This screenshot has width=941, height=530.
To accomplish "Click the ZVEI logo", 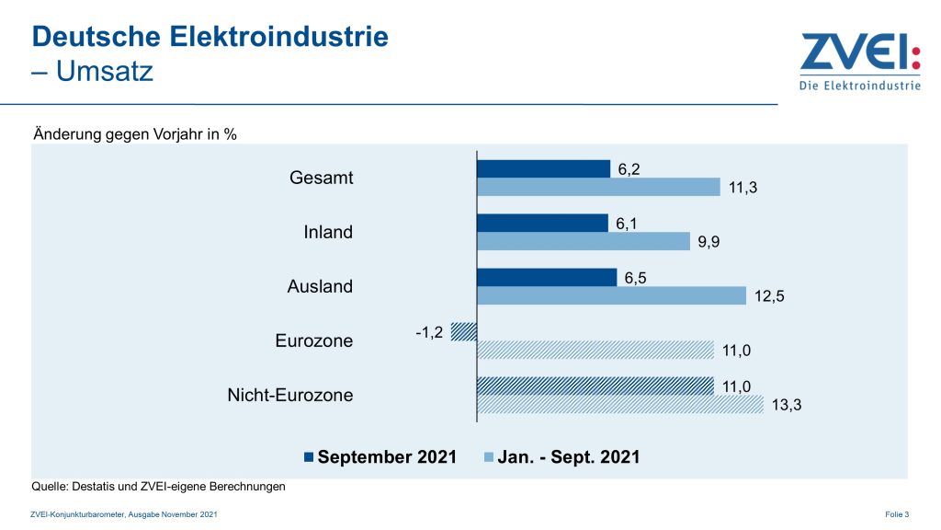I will [x=859, y=62].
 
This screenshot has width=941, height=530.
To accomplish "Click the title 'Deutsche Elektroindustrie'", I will [x=210, y=37].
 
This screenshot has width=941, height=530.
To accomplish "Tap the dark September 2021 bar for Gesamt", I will [x=543, y=168].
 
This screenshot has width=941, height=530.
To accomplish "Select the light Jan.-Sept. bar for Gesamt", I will [x=598, y=187].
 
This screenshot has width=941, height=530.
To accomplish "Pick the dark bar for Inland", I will [x=542, y=223].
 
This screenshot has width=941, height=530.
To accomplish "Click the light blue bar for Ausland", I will [x=611, y=295].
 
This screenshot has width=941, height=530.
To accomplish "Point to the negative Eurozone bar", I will [x=465, y=331].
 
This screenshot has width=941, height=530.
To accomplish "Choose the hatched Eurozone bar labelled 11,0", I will [x=595, y=350].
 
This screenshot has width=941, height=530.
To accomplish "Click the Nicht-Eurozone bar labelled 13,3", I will [x=620, y=404].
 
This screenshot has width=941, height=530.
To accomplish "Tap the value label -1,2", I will [x=427, y=332].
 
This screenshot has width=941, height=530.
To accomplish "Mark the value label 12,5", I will [x=770, y=296].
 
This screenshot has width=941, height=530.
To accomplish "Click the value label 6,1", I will [x=628, y=224].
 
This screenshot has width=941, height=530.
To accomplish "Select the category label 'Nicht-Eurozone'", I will [x=289, y=396].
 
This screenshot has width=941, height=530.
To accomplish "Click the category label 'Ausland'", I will [x=320, y=286].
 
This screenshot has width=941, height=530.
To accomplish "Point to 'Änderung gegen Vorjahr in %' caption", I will [x=135, y=134].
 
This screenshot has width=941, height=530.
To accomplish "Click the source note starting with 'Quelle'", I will [x=159, y=487].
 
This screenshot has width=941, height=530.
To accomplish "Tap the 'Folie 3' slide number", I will [x=897, y=513].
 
